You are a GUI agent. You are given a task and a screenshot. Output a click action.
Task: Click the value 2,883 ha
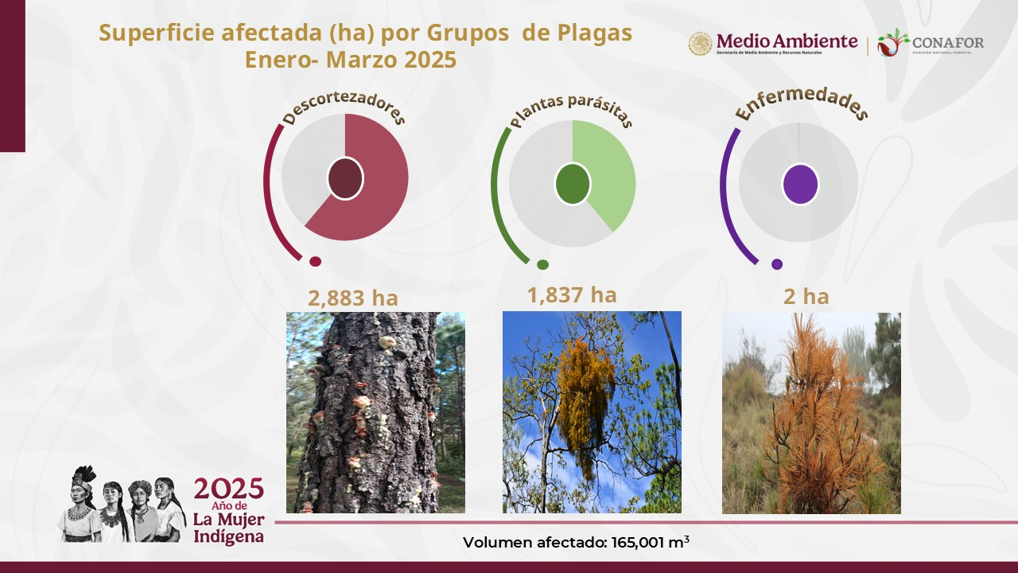coord(352,298)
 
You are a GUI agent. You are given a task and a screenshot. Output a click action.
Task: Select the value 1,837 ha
coord(572,295)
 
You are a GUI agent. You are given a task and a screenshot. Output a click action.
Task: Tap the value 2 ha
coord(806,297)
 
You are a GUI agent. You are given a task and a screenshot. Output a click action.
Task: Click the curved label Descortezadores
coord(344,109)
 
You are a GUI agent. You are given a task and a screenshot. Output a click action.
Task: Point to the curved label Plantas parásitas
coord(571,111)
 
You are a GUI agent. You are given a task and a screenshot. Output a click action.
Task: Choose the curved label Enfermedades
coord(802,103)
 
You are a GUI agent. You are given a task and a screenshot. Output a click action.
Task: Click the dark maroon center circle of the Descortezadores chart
coord(345,179)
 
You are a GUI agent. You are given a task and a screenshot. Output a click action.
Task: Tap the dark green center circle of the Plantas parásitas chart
coord(573,184)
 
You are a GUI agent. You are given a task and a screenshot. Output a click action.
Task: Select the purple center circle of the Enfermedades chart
coord(800,184)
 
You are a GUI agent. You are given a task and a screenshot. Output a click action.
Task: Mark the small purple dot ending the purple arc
coord(777,263)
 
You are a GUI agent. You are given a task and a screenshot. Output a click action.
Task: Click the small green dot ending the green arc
coord(542,264)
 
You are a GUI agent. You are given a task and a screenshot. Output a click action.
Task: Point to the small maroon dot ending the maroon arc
coord(316,262)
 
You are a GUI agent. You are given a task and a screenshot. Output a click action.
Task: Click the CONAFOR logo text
coord(948,43)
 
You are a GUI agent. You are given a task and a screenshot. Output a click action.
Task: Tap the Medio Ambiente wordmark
coord(787,41)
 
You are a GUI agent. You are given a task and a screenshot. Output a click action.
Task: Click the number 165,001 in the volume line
coord(638,543)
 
